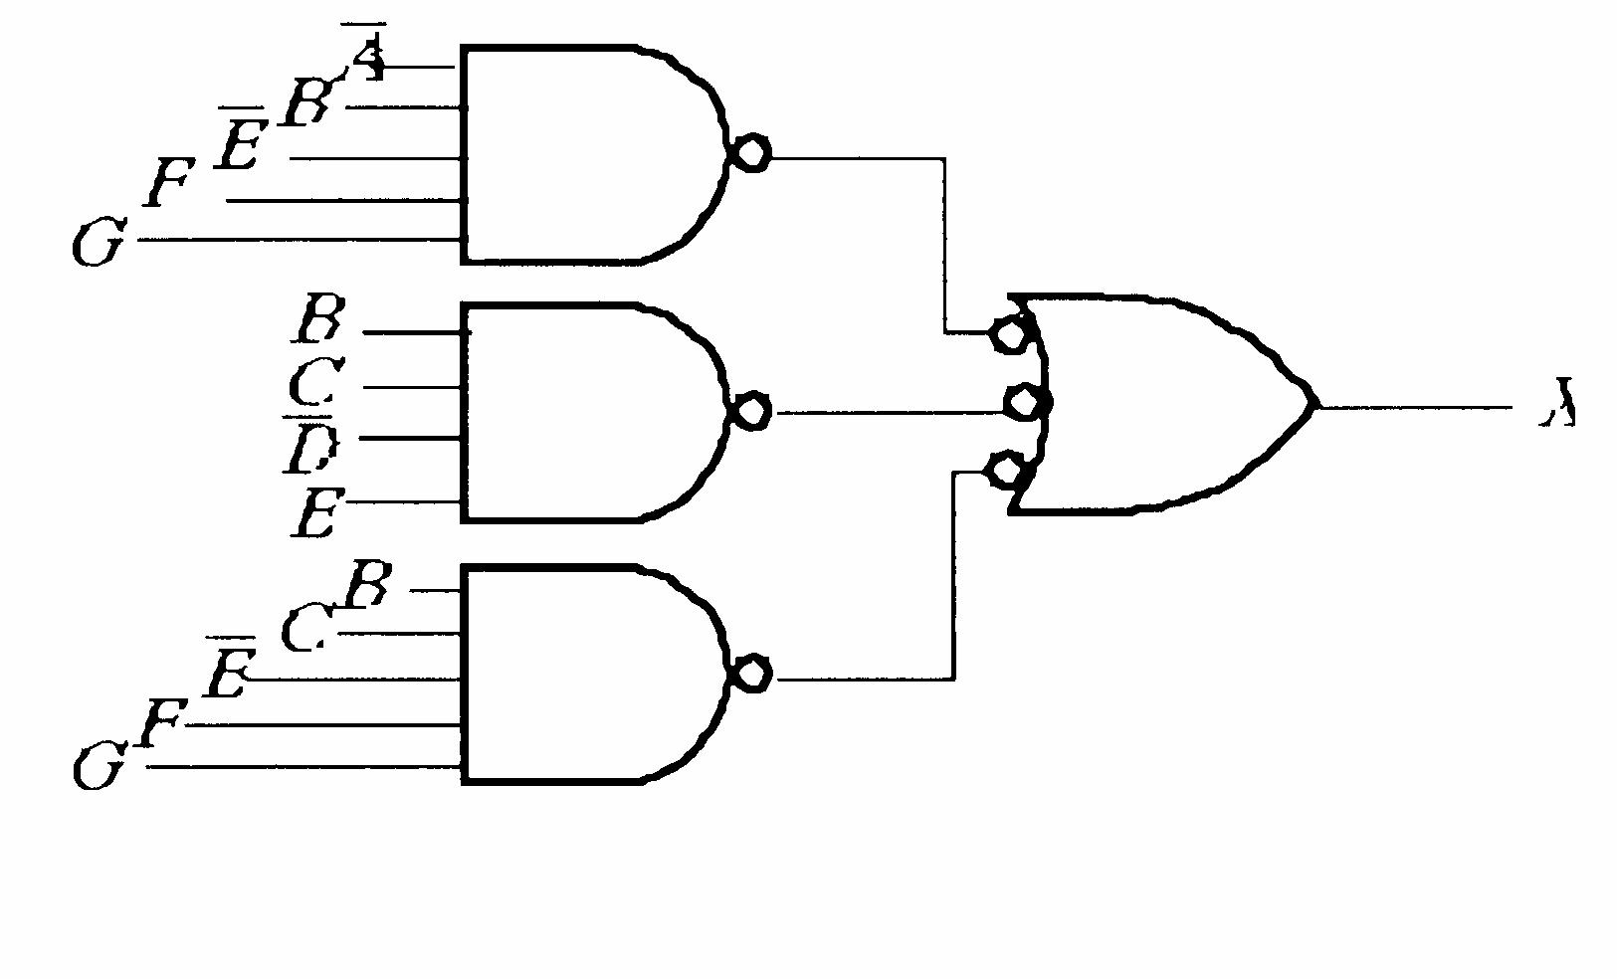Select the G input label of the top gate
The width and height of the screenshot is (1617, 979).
click(x=99, y=243)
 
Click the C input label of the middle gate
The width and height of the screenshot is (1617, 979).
click(x=317, y=381)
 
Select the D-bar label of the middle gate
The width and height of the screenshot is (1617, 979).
click(x=310, y=448)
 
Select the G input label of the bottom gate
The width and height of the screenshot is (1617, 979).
click(x=99, y=768)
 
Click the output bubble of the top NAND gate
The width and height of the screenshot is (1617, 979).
click(x=750, y=154)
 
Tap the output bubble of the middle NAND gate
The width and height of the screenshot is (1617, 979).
click(x=751, y=410)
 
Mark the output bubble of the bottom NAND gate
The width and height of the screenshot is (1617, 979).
click(x=751, y=674)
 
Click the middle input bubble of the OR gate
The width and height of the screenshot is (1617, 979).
click(x=1025, y=403)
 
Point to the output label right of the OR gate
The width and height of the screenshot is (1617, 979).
click(x=1557, y=403)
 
